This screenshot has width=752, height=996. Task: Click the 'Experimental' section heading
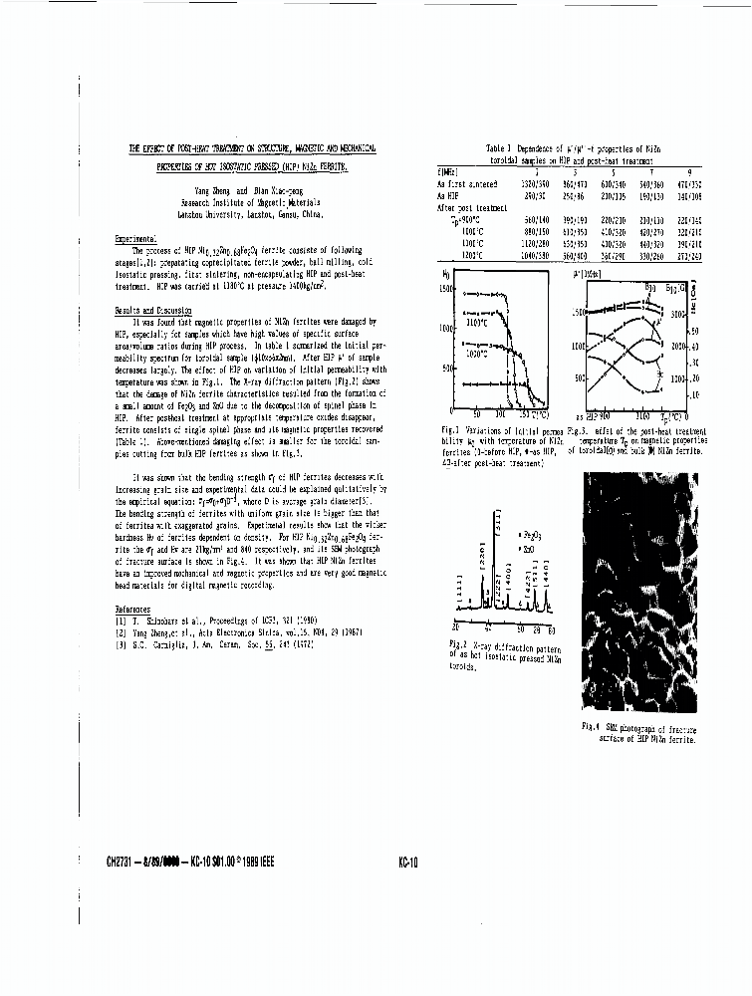point(136,240)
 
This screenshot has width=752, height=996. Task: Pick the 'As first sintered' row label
point(467,184)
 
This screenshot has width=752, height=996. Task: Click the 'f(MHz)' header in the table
point(448,173)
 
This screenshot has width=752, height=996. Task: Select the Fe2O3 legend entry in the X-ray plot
point(532,537)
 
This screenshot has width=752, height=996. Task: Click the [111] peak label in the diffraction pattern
point(460,597)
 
